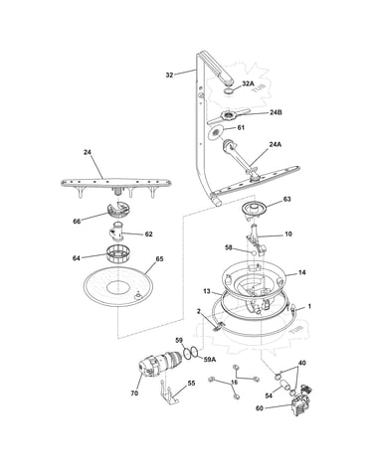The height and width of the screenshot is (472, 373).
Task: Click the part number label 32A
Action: tap(248, 83)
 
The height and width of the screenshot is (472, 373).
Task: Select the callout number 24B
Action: tap(276, 112)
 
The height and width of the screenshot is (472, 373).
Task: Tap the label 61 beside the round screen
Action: tap(241, 127)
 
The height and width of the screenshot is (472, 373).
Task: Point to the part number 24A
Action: tap(276, 144)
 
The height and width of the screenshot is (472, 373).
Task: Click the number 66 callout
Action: tap(77, 222)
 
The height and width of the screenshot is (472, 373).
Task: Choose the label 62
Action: tap(149, 235)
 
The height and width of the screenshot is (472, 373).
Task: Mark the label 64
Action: tap(77, 258)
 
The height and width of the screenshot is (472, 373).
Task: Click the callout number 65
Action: tap(159, 259)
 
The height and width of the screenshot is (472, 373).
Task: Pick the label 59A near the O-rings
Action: tap(210, 359)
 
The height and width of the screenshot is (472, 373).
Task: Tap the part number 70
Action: tap(134, 393)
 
